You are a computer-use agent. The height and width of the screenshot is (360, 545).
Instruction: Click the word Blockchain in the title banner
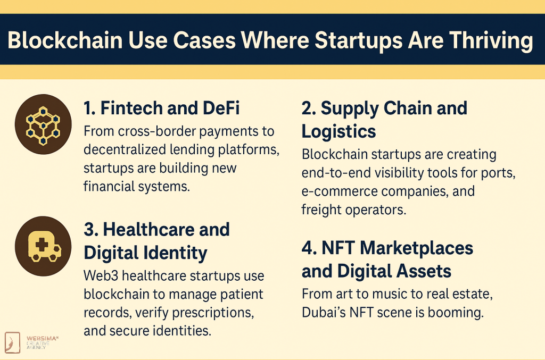tap(65, 40)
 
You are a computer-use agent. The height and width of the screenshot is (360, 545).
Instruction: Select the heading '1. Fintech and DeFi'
tap(162, 108)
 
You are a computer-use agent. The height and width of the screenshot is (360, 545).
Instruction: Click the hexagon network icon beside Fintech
tap(43, 125)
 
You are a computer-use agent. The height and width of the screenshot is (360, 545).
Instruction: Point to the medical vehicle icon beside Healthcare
tap(44, 247)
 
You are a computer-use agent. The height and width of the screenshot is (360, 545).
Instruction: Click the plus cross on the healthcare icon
tap(42, 245)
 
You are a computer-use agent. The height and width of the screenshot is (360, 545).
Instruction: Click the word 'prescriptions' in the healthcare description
tap(213, 313)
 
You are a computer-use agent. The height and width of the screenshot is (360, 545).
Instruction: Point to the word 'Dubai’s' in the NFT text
tap(324, 313)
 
